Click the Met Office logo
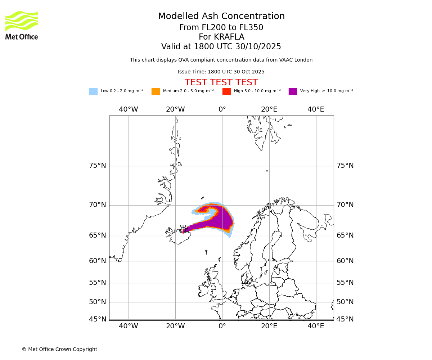coord(22,25)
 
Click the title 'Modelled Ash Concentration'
coord(221,17)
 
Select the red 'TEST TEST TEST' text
coord(221,83)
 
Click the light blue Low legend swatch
coord(93,91)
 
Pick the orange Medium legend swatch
coord(156,91)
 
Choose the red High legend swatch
coord(226,91)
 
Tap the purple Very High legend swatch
coord(293,91)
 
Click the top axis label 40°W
coord(129,109)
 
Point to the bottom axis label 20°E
coord(269,326)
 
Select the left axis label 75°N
coord(98,166)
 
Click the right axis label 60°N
coord(345,261)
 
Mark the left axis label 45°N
coord(98,319)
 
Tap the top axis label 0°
coord(222,109)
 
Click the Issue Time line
coord(221,72)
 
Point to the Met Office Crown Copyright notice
coord(59,350)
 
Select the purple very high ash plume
coord(221,218)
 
